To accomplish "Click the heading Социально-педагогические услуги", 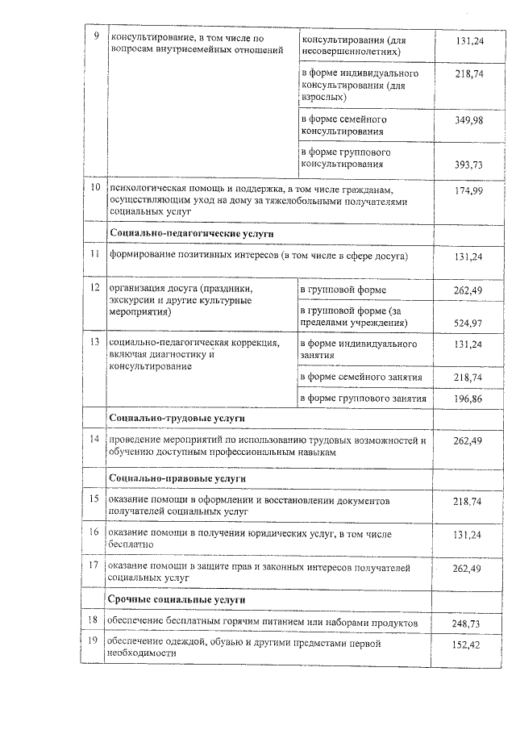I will click(x=191, y=232).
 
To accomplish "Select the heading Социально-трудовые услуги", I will click(x=177, y=419).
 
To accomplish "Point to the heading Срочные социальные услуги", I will click(x=177, y=600).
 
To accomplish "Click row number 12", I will click(x=94, y=288).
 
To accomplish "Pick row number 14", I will click(x=94, y=440).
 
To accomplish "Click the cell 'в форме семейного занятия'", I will click(x=360, y=378).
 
